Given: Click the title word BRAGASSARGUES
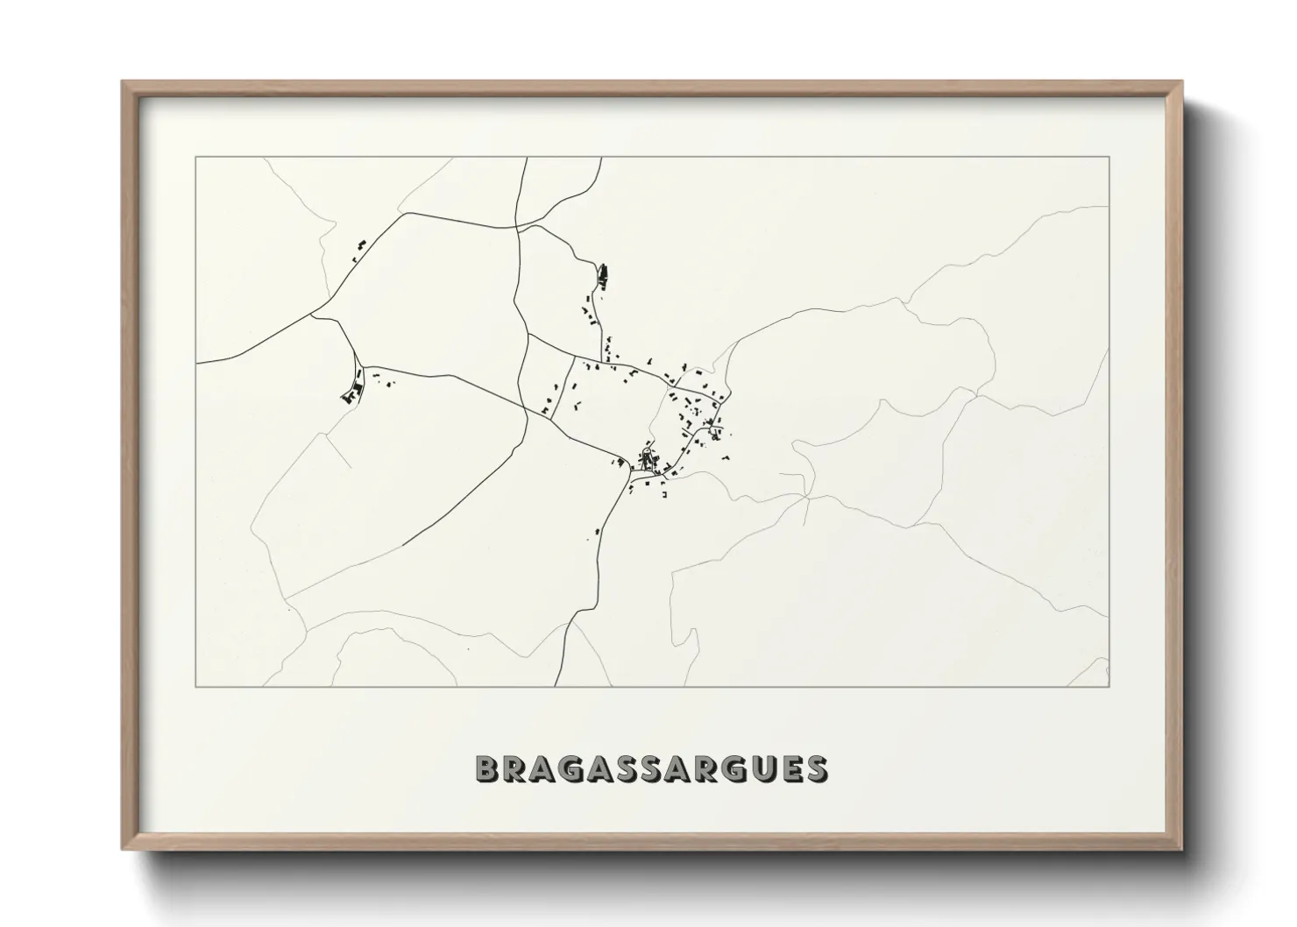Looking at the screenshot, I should tap(651, 768).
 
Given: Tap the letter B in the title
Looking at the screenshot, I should tap(486, 768).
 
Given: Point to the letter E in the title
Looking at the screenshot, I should tap(787, 768).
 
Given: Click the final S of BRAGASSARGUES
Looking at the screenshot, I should tap(814, 768).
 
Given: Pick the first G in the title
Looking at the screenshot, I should tap(570, 768).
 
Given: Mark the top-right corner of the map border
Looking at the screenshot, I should tap(1109, 157).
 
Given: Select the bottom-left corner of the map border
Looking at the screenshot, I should tap(196, 686).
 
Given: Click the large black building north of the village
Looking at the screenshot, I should tap(602, 275).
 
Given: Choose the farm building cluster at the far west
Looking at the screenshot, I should tap(352, 393).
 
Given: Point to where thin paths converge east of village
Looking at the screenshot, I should tap(807, 496).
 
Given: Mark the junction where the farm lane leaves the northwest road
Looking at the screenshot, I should tap(313, 315).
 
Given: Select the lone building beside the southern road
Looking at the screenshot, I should tap(598, 530).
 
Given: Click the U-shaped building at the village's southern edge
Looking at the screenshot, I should tap(664, 496).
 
